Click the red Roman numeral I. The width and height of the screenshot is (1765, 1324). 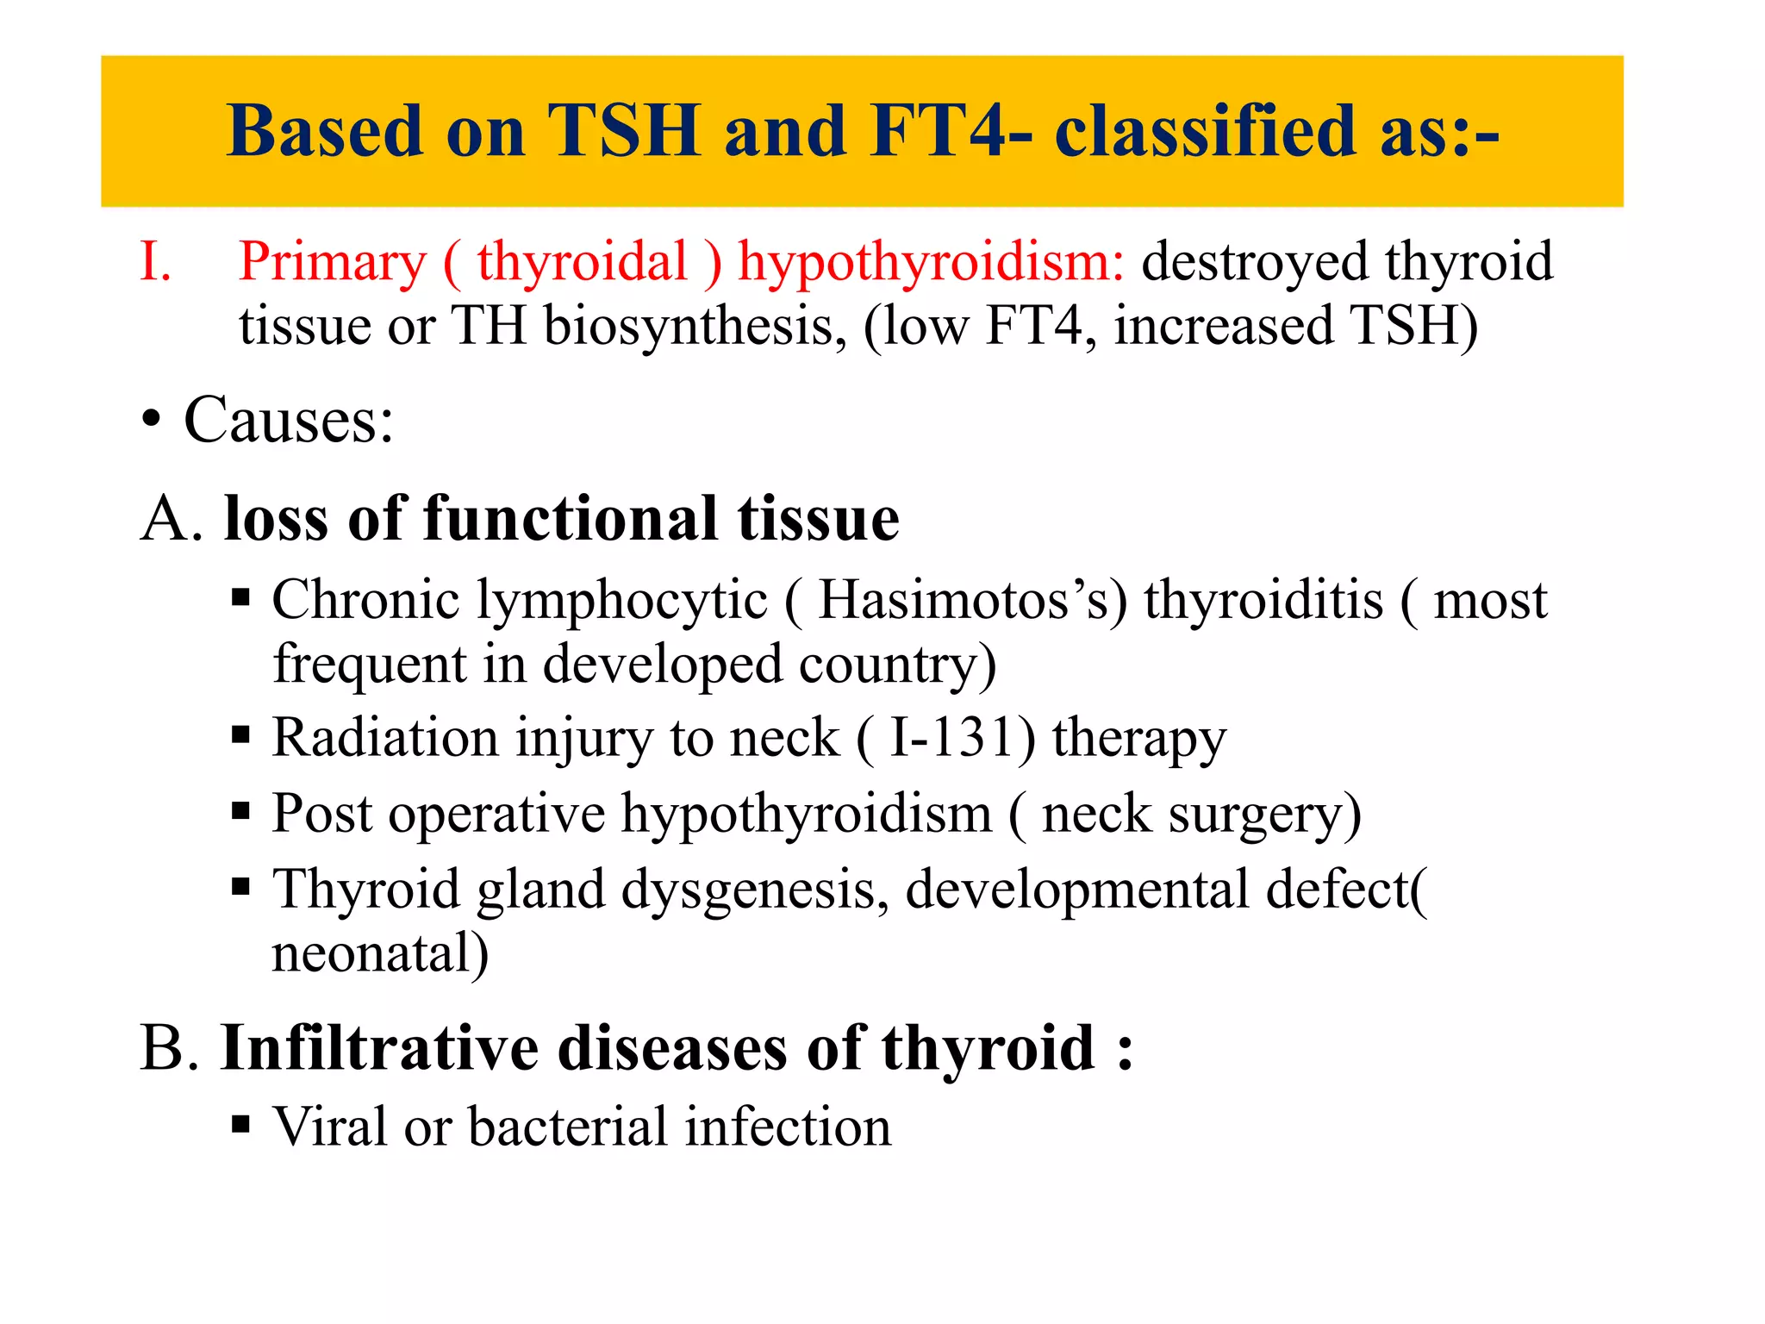click(155, 261)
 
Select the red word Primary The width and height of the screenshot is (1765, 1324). click(333, 263)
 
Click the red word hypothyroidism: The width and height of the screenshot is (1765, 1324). click(931, 263)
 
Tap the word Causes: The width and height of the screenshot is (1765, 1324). click(289, 421)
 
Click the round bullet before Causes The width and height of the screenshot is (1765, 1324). click(152, 422)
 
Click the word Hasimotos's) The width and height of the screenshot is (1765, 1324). click(972, 600)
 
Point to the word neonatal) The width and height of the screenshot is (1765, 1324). click(380, 954)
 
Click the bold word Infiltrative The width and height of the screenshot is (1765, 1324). click(380, 1048)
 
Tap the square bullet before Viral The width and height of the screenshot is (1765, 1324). click(240, 1125)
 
